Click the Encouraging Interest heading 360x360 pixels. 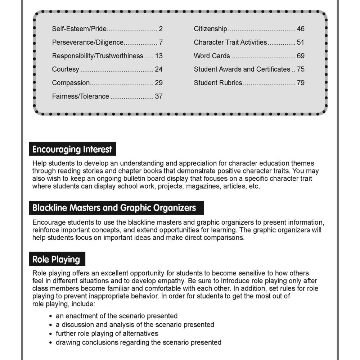tap(72, 149)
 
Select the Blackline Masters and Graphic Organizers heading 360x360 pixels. tap(114, 208)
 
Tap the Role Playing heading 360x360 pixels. tap(56, 259)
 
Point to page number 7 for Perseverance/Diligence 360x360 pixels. tap(161, 42)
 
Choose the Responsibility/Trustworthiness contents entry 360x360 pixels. tap(98, 56)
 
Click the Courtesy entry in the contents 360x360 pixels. tap(66, 69)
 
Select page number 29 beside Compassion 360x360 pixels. tap(159, 83)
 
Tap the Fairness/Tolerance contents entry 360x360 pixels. tap(80, 96)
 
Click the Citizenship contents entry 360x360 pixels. tap(210, 29)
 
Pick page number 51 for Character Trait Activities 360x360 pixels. tap(301, 42)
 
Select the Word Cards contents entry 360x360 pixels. tap(212, 56)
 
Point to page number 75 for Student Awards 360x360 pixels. tap(301, 69)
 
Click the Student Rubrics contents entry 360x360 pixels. tap(218, 83)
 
